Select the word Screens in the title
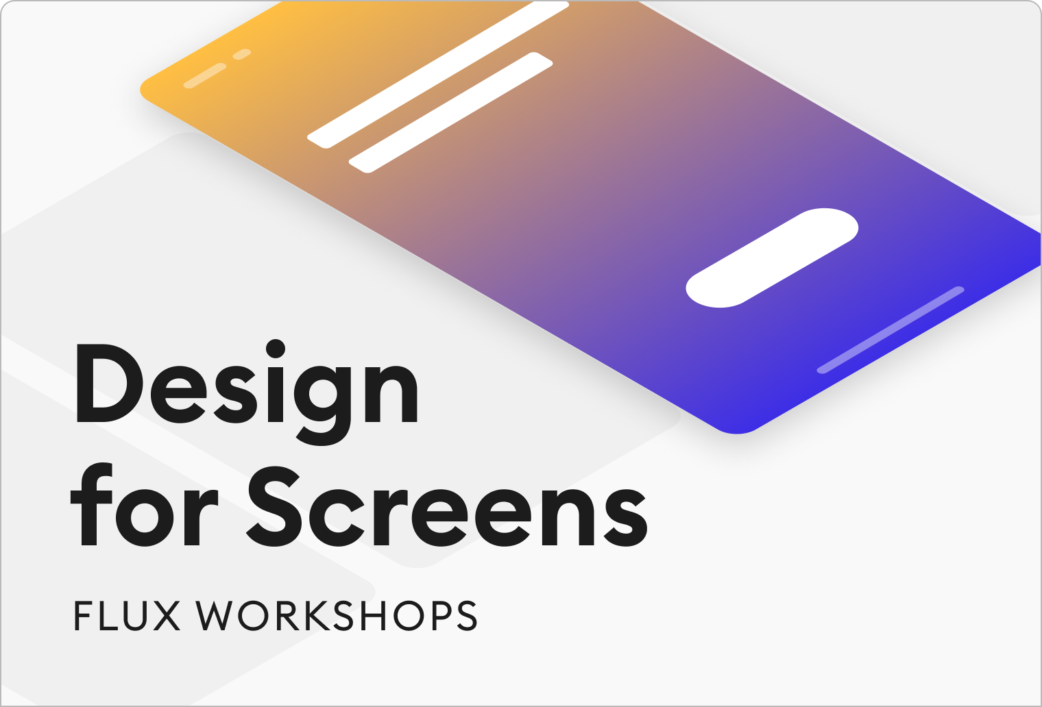tap(446, 506)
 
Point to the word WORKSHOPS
tap(337, 615)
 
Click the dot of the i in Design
tap(276, 349)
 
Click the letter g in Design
tap(324, 404)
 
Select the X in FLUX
tap(165, 615)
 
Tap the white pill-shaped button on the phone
tap(772, 258)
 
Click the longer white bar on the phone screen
tap(438, 75)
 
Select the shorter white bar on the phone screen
tap(450, 112)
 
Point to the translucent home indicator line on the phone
tap(890, 330)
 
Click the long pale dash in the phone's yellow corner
tap(205, 76)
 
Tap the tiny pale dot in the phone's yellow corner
tap(242, 54)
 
